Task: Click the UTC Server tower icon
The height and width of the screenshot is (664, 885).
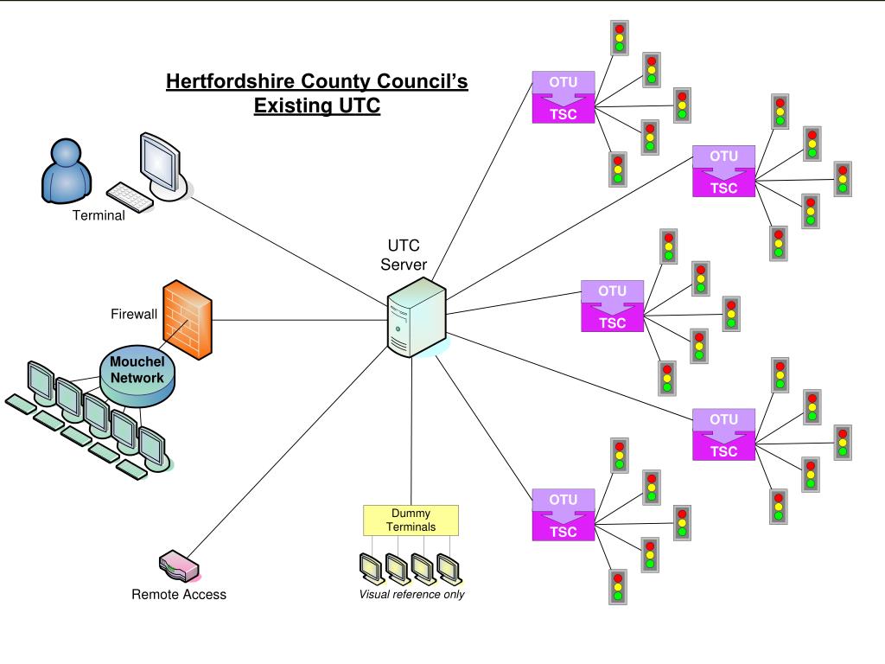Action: (415, 318)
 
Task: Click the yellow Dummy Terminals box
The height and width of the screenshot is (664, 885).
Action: (411, 520)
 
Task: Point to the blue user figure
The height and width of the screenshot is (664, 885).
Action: (66, 172)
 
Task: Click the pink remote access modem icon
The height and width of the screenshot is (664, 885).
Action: (180, 565)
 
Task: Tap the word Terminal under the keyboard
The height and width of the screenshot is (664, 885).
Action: (98, 215)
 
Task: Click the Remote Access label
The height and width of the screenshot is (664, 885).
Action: (179, 594)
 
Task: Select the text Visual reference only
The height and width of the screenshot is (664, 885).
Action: (411, 594)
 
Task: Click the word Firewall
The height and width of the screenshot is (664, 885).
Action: (134, 314)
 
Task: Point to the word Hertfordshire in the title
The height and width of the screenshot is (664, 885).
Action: (230, 82)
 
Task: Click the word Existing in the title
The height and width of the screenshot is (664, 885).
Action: (290, 106)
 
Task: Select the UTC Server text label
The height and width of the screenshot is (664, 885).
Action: (404, 255)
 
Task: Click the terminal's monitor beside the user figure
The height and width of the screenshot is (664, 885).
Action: (162, 165)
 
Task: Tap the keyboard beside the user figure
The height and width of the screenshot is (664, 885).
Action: (129, 196)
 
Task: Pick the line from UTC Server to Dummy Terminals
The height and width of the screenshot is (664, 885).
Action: (411, 432)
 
